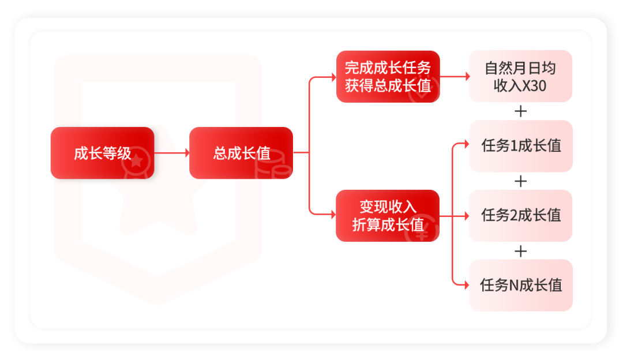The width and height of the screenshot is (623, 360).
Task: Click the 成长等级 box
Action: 103,153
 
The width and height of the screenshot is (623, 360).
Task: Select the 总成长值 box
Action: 241,153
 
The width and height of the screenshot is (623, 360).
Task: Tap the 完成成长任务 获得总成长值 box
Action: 388,77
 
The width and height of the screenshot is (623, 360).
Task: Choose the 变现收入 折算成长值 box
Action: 388,216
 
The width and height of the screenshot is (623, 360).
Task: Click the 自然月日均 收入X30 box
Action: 520,76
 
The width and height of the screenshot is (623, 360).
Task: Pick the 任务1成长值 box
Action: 521,146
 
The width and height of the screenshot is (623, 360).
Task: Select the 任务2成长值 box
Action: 520,216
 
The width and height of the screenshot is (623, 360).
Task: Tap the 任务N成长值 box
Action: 521,286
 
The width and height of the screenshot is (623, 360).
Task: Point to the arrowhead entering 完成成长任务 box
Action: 334,77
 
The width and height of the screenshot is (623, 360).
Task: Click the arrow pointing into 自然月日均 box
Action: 455,76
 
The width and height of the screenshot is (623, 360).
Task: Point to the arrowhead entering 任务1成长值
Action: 467,144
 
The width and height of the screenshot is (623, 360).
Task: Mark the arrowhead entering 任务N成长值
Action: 467,285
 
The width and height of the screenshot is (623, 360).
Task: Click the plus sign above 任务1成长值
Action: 520,111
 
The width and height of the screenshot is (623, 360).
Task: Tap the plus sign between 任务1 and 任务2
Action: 520,182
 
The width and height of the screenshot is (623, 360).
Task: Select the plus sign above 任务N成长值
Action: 520,252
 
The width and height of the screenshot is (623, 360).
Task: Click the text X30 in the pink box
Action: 534,86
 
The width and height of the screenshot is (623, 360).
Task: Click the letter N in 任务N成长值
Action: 514,286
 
